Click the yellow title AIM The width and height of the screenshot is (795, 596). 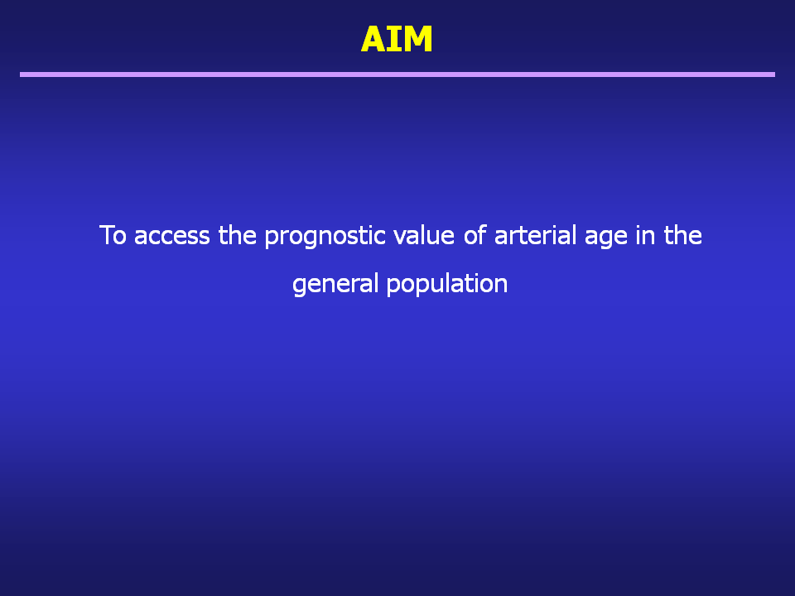point(397,39)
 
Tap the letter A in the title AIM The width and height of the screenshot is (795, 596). point(373,39)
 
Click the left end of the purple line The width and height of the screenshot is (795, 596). point(20,74)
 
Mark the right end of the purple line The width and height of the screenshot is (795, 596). point(775,74)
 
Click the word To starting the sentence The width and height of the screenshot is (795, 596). point(113,235)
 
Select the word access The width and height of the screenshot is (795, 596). point(172,236)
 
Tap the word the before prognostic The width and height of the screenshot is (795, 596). point(238,235)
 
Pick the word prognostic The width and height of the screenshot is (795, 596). point(325,237)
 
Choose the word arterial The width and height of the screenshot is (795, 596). point(536,235)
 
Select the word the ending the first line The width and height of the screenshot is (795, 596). point(683,235)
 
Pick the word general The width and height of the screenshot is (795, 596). point(335,284)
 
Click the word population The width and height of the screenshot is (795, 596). point(447,284)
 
